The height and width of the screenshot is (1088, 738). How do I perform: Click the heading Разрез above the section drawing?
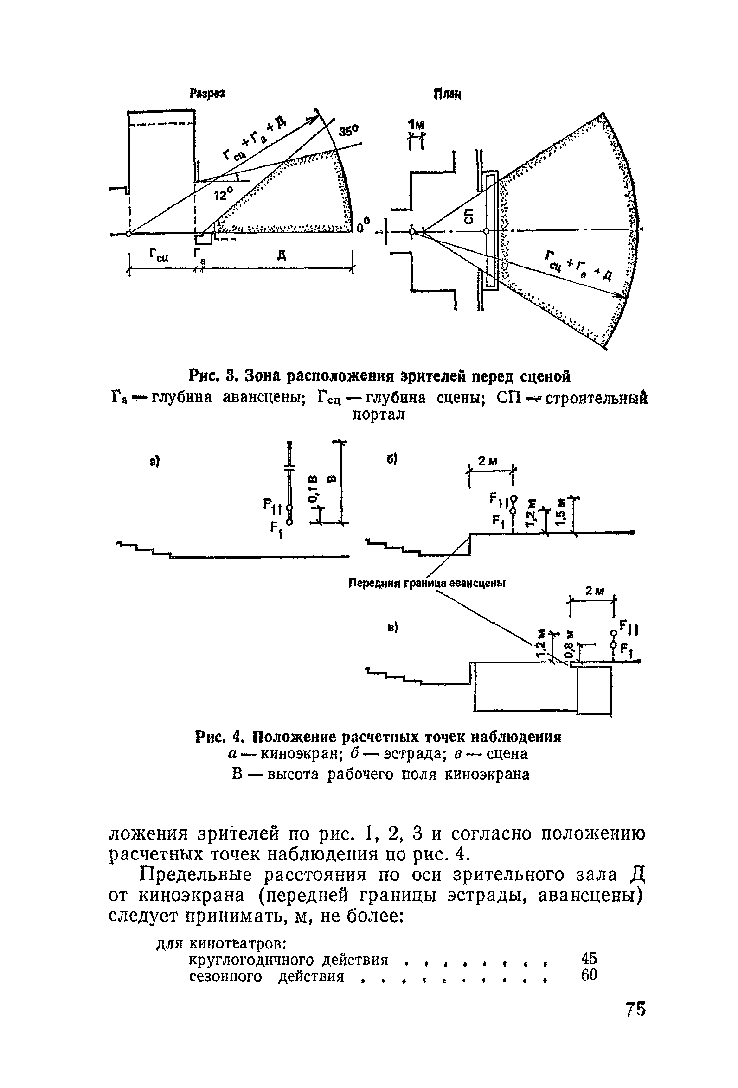pyautogui.click(x=206, y=94)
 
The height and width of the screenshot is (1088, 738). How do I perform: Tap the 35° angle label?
pyautogui.click(x=348, y=132)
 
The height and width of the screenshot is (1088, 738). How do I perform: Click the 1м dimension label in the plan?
pyautogui.click(x=416, y=125)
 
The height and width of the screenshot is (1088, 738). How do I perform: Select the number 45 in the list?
pyautogui.click(x=589, y=958)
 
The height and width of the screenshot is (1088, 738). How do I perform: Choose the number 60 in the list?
pyautogui.click(x=589, y=976)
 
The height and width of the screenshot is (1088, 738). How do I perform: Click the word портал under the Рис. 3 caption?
pyautogui.click(x=378, y=415)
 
